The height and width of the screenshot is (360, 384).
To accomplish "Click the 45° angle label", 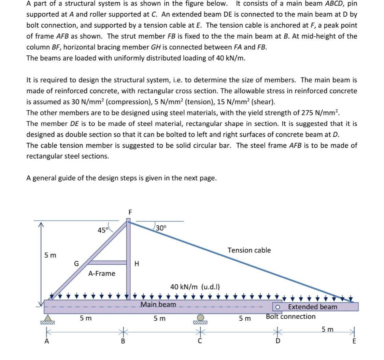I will point(102,230).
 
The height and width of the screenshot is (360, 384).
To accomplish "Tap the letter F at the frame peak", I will point(130,212).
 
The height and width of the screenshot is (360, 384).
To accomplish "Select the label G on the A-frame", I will point(76,263).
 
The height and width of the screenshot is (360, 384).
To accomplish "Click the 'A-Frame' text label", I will point(102,274).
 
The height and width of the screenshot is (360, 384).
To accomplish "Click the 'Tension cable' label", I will point(249,250).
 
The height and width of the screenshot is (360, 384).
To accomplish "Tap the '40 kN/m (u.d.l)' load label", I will point(195,287).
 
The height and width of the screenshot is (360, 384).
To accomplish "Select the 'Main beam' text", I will point(158,304).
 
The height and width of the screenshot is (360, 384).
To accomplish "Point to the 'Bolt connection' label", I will point(291,317).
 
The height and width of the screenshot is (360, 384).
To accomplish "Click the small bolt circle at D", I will point(278,307).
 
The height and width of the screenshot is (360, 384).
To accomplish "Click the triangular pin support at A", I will point(47,317).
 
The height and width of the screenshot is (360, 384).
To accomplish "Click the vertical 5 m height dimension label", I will point(51,255).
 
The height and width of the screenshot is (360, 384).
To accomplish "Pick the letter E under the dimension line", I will point(354,341).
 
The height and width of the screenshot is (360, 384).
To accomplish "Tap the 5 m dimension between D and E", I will point(328,329).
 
